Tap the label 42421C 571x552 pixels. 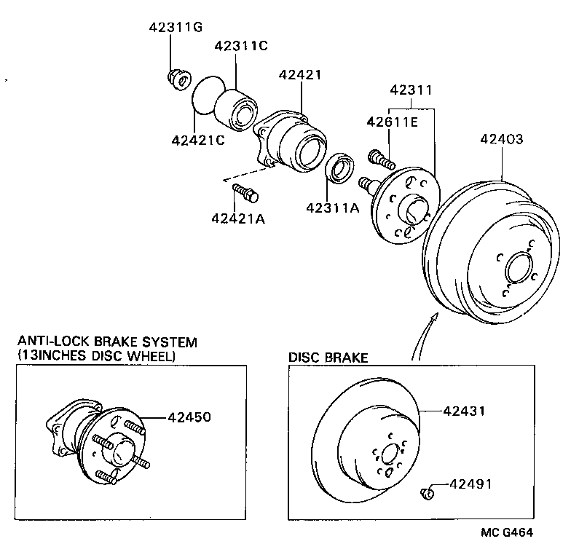click(x=198, y=140)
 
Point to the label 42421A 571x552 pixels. click(x=238, y=218)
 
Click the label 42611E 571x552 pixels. click(x=391, y=122)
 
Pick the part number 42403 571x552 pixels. click(x=501, y=139)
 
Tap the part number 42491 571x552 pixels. click(x=470, y=483)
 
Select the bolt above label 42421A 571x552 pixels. click(x=245, y=193)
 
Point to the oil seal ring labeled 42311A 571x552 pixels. click(x=340, y=168)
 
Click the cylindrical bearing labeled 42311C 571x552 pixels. click(x=236, y=105)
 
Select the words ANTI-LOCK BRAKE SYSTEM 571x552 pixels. click(x=107, y=341)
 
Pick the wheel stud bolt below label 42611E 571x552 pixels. click(x=381, y=157)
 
